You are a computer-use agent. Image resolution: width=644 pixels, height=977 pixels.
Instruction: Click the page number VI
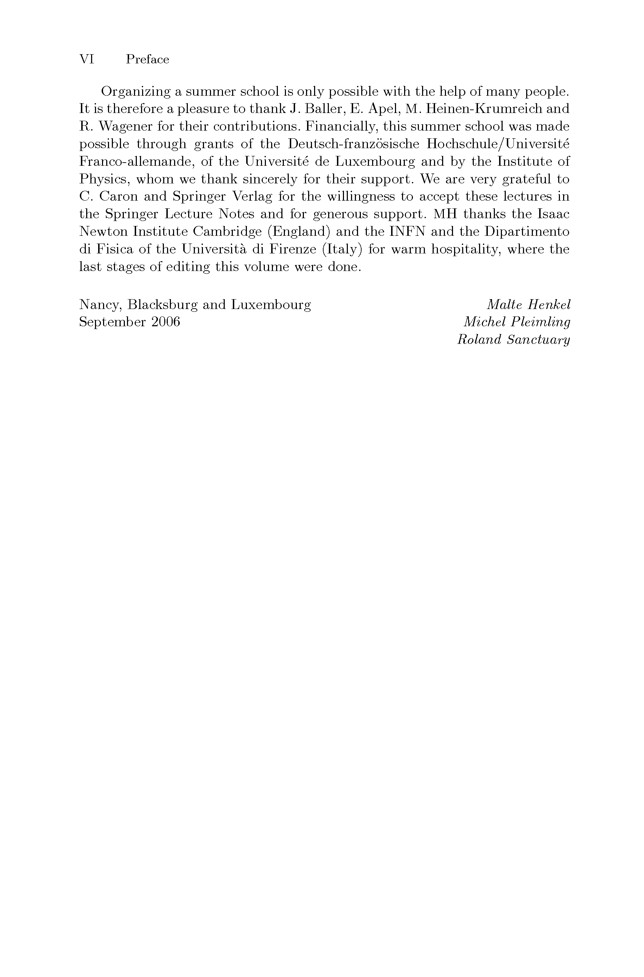point(87,59)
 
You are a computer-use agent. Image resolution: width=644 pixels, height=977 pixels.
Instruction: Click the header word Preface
point(147,59)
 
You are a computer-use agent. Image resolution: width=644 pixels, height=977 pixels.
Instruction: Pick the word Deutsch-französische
point(353,144)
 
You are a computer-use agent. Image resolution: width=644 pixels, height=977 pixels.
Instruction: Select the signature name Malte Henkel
point(528,305)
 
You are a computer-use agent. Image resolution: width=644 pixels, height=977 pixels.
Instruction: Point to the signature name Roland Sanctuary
point(514,340)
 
